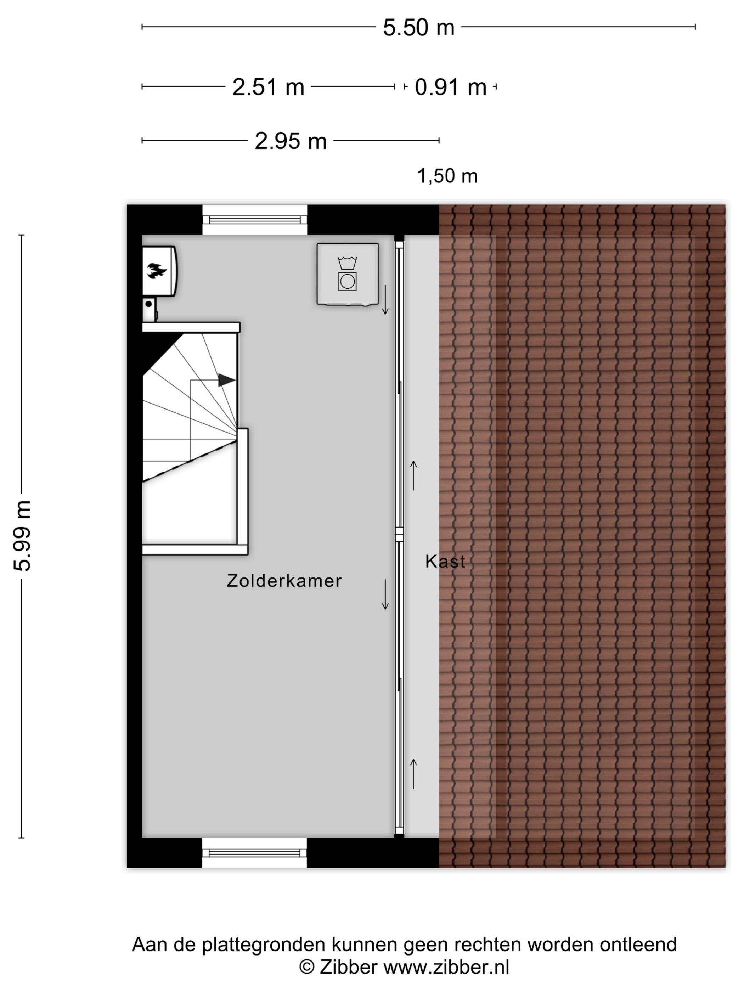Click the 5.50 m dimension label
(418, 28)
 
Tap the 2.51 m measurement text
(268, 87)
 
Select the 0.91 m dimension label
(450, 87)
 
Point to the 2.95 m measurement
(290, 141)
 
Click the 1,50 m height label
(447, 176)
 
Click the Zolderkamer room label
(284, 581)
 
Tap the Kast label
(445, 562)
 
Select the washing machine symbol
(347, 274)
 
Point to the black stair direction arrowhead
(226, 380)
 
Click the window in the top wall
(254, 220)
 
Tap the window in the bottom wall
(254, 853)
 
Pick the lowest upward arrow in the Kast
(413, 774)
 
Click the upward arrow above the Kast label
(413, 475)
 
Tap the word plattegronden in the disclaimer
(265, 945)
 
